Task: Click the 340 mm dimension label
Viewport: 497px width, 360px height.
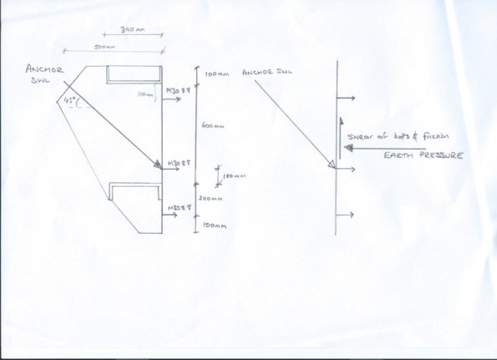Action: pyautogui.click(x=134, y=29)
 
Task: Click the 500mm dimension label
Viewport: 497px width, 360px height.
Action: pyautogui.click(x=105, y=47)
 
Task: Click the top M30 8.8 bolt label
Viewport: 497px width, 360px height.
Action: pyautogui.click(x=180, y=89)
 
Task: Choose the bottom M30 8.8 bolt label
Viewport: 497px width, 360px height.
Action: pyautogui.click(x=180, y=205)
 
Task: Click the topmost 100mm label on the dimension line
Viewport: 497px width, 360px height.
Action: pyautogui.click(x=216, y=75)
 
